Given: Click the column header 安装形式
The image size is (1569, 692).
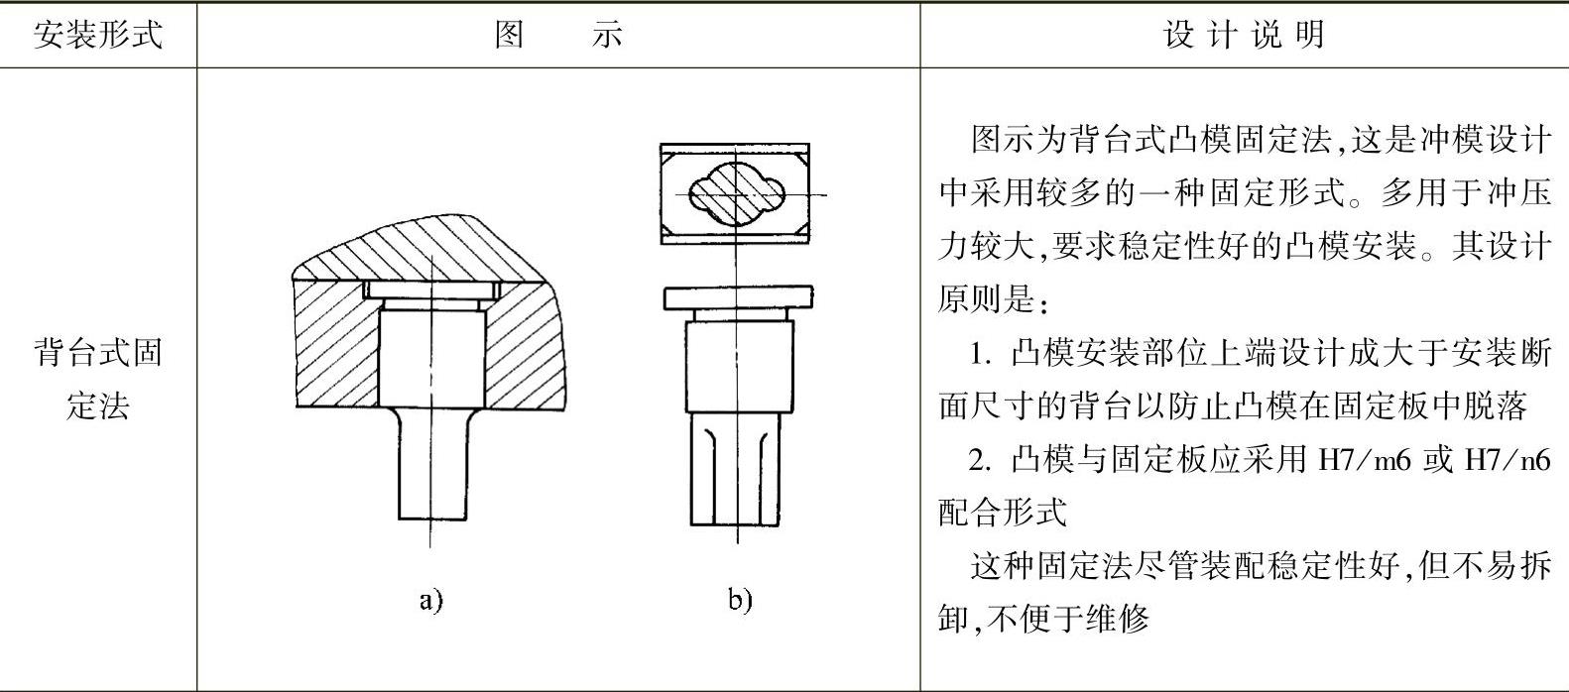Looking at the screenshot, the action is pyautogui.click(x=97, y=36).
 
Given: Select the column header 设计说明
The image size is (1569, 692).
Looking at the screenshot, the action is pyautogui.click(x=1244, y=36).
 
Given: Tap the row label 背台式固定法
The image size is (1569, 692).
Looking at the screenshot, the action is pyautogui.click(x=97, y=379).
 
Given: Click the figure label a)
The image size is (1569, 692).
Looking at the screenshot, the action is pyautogui.click(x=429, y=599).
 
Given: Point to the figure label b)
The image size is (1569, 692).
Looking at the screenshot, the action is pyautogui.click(x=740, y=599).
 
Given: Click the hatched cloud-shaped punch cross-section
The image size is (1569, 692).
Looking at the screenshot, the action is pyautogui.click(x=736, y=194).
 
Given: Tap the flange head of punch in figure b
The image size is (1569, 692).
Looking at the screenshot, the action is pyautogui.click(x=737, y=297).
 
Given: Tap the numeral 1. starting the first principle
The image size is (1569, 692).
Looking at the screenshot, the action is pyautogui.click(x=982, y=352).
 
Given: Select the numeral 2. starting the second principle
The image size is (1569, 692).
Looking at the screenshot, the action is pyautogui.click(x=982, y=459).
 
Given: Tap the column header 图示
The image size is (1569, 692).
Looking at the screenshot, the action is pyautogui.click(x=558, y=36).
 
